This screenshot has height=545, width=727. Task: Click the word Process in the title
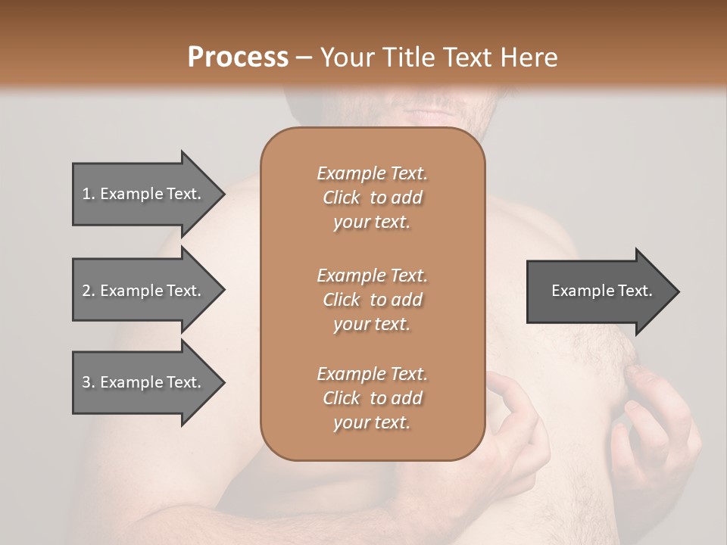click(x=238, y=58)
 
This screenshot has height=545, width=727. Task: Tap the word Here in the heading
click(x=528, y=58)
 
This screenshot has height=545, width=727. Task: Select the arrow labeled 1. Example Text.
click(x=144, y=194)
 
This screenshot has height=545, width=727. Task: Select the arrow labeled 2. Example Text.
click(x=144, y=291)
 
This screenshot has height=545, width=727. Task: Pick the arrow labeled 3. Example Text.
click(x=144, y=382)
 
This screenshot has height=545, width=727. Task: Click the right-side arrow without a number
click(x=598, y=291)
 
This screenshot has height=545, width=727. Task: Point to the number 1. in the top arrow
click(x=89, y=194)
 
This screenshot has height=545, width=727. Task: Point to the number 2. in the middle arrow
click(x=89, y=291)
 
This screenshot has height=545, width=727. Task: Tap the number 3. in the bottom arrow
click(x=89, y=382)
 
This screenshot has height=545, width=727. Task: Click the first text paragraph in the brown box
click(x=372, y=198)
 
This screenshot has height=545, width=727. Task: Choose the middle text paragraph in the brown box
click(x=372, y=299)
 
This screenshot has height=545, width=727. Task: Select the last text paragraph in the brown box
click(x=372, y=398)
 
